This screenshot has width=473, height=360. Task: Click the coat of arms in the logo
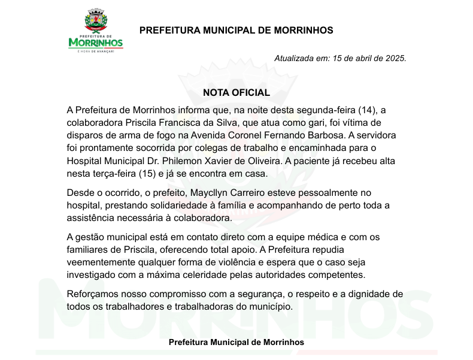(96, 22)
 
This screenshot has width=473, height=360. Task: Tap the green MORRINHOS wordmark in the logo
(96, 43)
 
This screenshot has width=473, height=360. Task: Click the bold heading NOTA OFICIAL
(236, 93)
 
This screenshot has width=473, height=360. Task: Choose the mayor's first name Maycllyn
(232, 193)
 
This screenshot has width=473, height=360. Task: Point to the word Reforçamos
(93, 295)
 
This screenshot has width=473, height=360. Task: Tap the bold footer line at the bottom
(236, 342)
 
